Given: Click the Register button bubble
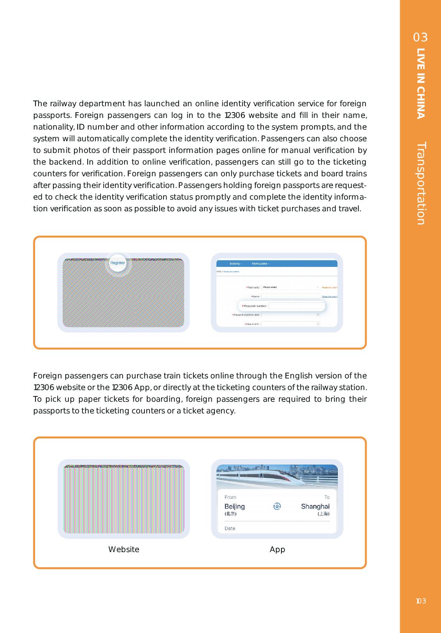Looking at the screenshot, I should (x=118, y=263).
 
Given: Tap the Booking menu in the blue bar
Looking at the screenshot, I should (x=235, y=264).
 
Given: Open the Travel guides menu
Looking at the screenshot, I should (x=260, y=264).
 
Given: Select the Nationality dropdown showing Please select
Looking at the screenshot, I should (x=290, y=288).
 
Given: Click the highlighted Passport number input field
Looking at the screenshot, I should (x=296, y=306).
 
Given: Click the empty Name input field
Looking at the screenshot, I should (x=290, y=296).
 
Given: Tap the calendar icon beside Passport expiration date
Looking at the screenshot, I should (x=318, y=315).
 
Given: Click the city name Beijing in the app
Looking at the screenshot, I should (x=234, y=507).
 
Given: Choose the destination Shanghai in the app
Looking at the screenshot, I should (x=315, y=507).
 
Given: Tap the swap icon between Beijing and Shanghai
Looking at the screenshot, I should (x=277, y=507).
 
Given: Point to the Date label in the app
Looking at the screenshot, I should (x=230, y=528).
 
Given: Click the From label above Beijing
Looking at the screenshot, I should (x=230, y=497).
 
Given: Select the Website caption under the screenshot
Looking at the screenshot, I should (x=123, y=549).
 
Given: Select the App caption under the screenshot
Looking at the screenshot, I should (x=277, y=549).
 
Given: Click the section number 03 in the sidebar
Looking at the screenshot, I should (x=420, y=37).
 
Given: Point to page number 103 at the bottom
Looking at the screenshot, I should (x=420, y=601).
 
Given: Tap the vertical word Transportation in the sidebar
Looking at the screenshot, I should (x=421, y=183).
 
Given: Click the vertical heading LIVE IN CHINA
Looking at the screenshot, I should (x=421, y=83).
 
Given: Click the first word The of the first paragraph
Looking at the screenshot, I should (x=40, y=104).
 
